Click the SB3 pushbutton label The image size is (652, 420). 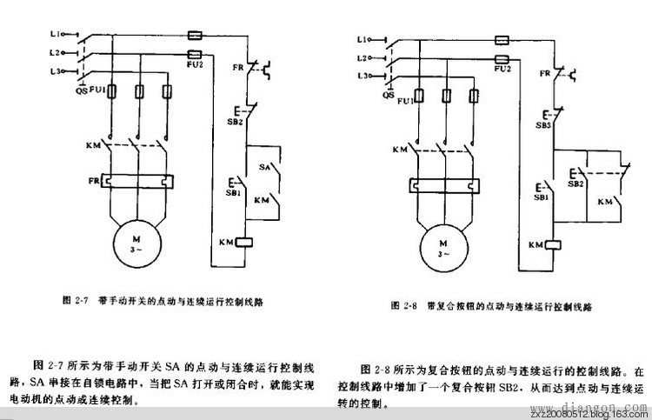[x=543, y=125]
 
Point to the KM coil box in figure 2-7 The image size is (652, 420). [x=244, y=241]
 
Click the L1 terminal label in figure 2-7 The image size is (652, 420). [x=55, y=35]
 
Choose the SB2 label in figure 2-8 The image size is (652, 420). [x=575, y=183]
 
